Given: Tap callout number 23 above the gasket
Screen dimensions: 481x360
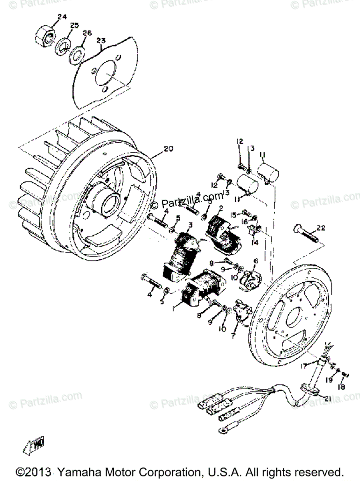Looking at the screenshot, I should (x=101, y=40).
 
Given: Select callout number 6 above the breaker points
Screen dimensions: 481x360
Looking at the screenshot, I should (x=255, y=261).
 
